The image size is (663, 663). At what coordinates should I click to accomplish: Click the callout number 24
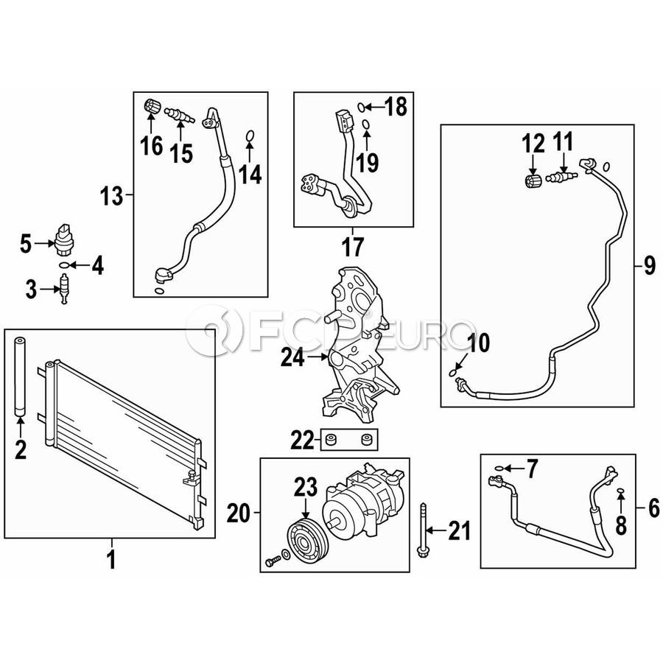(292, 358)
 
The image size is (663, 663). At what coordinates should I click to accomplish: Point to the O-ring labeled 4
(63, 265)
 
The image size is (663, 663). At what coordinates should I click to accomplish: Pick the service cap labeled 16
(151, 105)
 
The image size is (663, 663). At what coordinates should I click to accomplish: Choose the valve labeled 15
(179, 116)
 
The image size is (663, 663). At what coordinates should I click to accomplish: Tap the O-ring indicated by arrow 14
(250, 136)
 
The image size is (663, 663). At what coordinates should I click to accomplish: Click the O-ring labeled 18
(361, 108)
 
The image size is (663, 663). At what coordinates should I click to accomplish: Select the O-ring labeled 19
(366, 124)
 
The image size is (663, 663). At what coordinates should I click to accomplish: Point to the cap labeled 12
(533, 181)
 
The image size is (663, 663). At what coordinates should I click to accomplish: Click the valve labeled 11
(561, 177)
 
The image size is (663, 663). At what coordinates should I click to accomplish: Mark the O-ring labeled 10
(453, 373)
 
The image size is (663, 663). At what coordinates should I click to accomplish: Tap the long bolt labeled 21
(422, 530)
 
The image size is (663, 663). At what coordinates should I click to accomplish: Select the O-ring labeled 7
(499, 468)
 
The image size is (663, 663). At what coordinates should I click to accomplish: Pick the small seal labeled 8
(620, 490)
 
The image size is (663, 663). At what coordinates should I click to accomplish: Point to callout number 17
(353, 247)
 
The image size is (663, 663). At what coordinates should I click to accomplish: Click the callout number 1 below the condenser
(112, 559)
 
